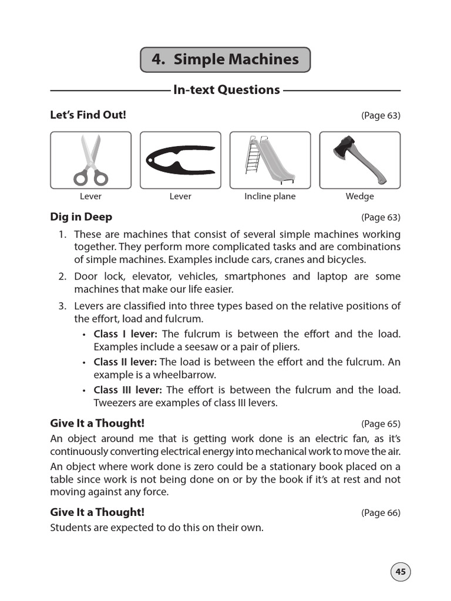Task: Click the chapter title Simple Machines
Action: point(225,59)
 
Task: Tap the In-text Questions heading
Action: point(226,90)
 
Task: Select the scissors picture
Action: point(90,160)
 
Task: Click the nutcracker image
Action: point(180,160)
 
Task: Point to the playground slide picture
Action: point(270,160)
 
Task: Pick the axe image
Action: point(359,160)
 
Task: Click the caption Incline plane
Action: point(270,197)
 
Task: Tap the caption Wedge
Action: point(359,197)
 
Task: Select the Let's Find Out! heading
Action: point(88,115)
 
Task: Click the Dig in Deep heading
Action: point(81,217)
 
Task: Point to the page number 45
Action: point(400,572)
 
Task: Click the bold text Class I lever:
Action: point(125,334)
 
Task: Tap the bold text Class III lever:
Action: point(129,390)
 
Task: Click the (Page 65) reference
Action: point(381,424)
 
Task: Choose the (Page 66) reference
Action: point(381,513)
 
